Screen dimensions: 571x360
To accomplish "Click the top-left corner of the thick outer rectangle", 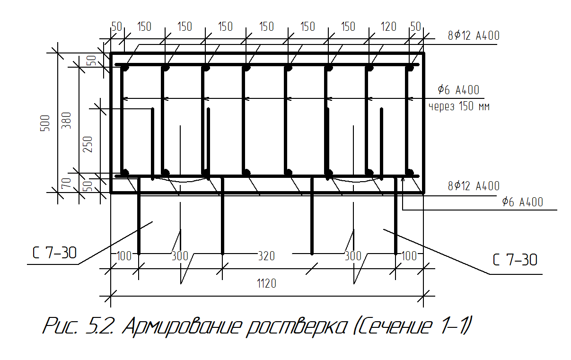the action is pyautogui.click(x=111, y=53).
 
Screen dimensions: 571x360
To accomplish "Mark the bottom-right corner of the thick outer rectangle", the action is pyautogui.click(x=424, y=193).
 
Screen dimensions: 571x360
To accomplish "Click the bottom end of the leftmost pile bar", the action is pyautogui.click(x=139, y=254).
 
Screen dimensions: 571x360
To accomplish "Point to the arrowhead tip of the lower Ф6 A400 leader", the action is pyautogui.click(x=403, y=178).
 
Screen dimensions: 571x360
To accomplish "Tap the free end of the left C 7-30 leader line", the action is pyautogui.click(x=152, y=222).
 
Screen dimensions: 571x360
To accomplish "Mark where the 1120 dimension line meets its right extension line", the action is pyautogui.click(x=423, y=296).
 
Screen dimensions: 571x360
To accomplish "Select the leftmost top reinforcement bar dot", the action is pyautogui.click(x=124, y=68).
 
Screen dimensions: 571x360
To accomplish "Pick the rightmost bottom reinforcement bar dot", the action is pyautogui.click(x=410, y=173).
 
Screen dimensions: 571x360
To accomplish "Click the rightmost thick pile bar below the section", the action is pyautogui.click(x=395, y=215).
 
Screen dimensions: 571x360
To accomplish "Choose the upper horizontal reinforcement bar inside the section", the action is pyautogui.click(x=267, y=65).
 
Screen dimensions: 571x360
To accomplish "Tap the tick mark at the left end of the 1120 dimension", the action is pyautogui.click(x=111, y=296).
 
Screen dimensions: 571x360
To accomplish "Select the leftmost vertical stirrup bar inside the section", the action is pyautogui.click(x=122, y=120).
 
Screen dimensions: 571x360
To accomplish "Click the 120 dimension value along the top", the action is pyautogui.click(x=388, y=27).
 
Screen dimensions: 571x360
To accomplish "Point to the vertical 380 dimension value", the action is pyautogui.click(x=67, y=120).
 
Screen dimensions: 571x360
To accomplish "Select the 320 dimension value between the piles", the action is pyautogui.click(x=266, y=256).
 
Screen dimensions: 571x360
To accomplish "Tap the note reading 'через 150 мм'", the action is pyautogui.click(x=459, y=106).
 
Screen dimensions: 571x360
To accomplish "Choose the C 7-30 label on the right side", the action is pyautogui.click(x=515, y=260).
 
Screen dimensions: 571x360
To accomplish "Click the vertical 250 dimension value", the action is pyautogui.click(x=88, y=144).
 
